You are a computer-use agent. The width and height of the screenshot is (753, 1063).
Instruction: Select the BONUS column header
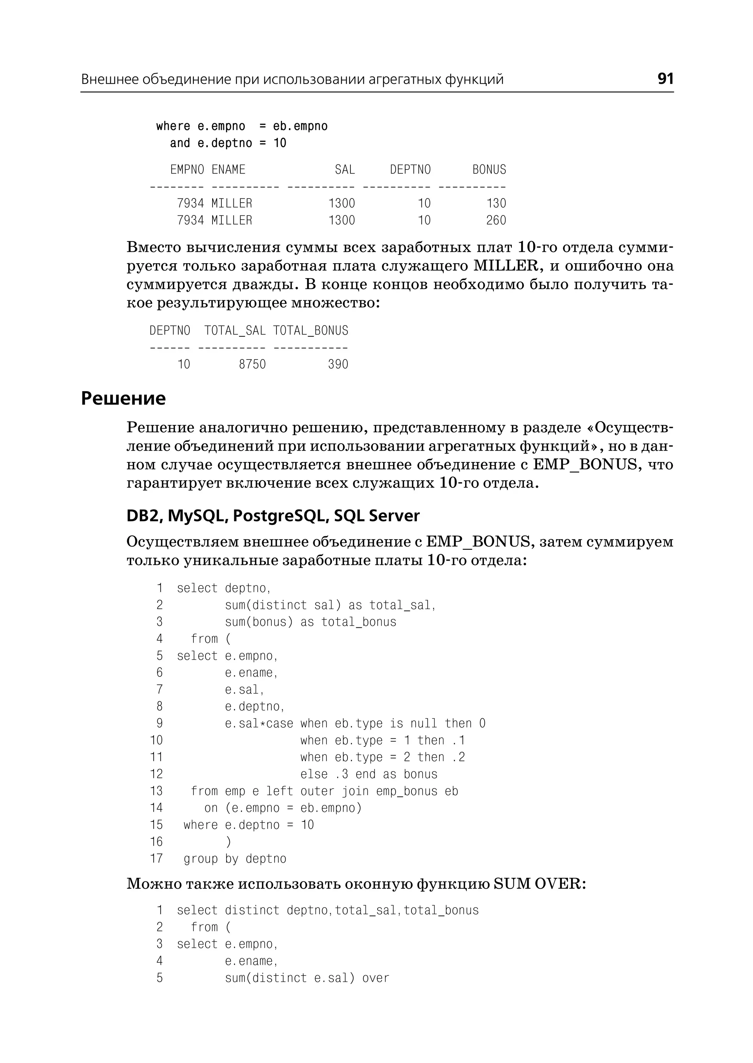(x=489, y=170)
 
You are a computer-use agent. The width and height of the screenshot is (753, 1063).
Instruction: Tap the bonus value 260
(x=496, y=220)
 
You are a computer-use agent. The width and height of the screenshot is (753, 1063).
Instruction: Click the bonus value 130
(x=496, y=203)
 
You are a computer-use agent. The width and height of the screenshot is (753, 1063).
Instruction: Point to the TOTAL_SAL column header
(x=235, y=330)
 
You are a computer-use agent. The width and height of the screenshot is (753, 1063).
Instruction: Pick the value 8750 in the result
(x=252, y=364)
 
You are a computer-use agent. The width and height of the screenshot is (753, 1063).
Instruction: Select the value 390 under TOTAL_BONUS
(x=338, y=364)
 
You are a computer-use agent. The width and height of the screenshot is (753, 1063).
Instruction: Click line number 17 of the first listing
(x=156, y=859)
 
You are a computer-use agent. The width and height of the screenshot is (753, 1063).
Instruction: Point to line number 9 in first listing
(x=159, y=723)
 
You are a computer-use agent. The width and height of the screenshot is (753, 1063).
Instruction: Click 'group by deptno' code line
(x=235, y=859)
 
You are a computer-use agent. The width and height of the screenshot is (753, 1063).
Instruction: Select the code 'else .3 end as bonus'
(x=369, y=774)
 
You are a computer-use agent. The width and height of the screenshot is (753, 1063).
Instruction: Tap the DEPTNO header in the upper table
(x=410, y=170)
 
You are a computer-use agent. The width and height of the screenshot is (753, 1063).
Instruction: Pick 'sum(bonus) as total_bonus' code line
(x=311, y=622)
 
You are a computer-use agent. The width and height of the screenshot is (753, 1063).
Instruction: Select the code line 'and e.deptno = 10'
(x=228, y=143)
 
